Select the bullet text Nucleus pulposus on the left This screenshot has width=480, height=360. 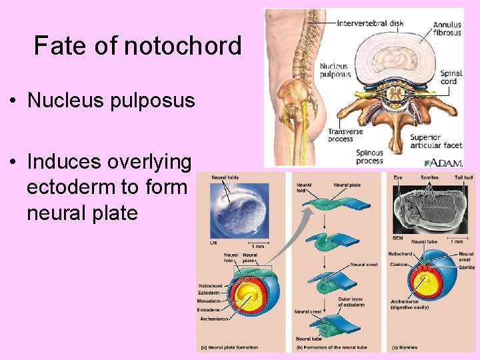point(111,101)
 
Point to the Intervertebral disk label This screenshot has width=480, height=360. point(370,23)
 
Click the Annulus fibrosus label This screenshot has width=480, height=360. point(446,29)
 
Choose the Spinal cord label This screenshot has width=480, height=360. point(451,77)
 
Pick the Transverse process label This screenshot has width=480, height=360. point(344,135)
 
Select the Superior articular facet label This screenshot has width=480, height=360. point(434,141)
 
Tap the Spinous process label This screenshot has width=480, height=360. point(369,157)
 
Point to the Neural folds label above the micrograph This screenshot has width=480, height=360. point(225,177)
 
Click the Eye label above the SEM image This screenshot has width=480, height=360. point(397,177)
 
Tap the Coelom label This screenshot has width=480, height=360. point(399,264)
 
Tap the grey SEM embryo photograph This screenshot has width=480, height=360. point(426,207)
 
